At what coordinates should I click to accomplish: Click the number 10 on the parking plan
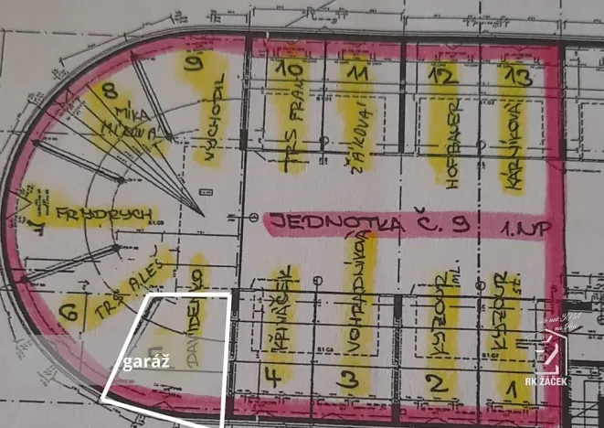[x=291, y=70]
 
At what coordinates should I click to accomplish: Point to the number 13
[x=517, y=77]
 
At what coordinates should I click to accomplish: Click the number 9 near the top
[x=194, y=64]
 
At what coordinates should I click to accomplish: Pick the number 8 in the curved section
[x=111, y=91]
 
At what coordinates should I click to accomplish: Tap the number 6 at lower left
[x=67, y=312]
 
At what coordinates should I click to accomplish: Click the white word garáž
[x=144, y=362]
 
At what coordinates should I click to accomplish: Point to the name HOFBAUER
[x=450, y=146]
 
